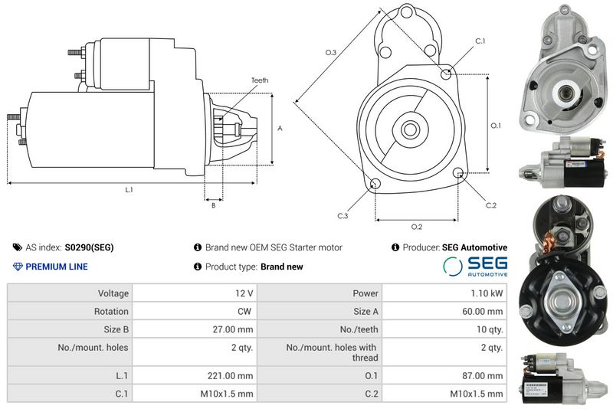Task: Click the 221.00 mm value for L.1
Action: pyautogui.click(x=231, y=376)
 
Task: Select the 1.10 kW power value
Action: pyautogui.click(x=487, y=293)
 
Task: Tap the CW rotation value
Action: pyautogui.click(x=244, y=311)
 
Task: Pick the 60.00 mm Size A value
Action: pyautogui.click(x=483, y=311)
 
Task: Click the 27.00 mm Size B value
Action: pyautogui.click(x=233, y=329)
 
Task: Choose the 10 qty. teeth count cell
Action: pyautogui.click(x=490, y=329)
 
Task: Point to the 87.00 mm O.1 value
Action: pyautogui.click(x=483, y=376)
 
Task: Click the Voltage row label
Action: pyautogui.click(x=113, y=293)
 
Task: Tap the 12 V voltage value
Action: pyautogui.click(x=244, y=293)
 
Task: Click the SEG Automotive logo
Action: pyautogui.click(x=475, y=267)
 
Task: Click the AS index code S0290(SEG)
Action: pyautogui.click(x=89, y=247)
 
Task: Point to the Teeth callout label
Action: pyautogui.click(x=260, y=80)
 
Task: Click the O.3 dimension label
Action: pyautogui.click(x=331, y=52)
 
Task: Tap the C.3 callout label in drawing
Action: pyautogui.click(x=343, y=216)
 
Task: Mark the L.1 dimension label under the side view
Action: pyautogui.click(x=129, y=189)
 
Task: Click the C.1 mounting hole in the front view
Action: pyautogui.click(x=446, y=73)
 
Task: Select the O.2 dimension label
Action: pyautogui.click(x=417, y=227)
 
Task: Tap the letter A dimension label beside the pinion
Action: pyautogui.click(x=280, y=128)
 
